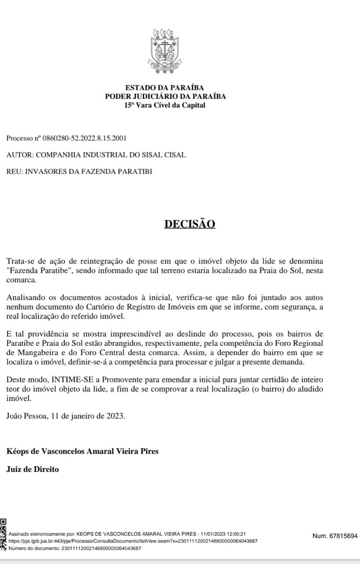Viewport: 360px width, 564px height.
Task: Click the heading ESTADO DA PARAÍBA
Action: pos(165,88)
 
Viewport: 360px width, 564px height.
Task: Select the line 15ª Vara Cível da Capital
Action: pos(165,105)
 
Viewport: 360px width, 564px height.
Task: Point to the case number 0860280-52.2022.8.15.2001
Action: pos(84,138)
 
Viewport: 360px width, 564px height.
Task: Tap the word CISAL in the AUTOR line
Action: pos(176,155)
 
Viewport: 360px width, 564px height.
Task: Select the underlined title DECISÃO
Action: pos(190,224)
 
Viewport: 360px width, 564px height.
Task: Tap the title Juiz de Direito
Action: pos(33,469)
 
